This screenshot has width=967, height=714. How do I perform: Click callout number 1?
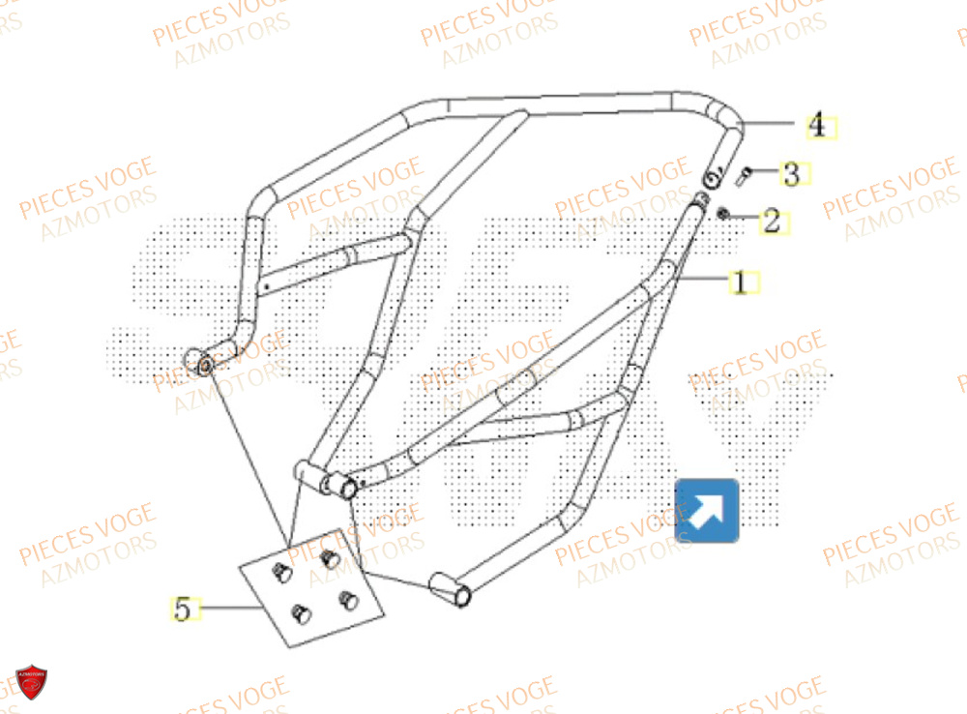pos(740,283)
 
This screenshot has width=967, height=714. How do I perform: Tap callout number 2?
pos(771,221)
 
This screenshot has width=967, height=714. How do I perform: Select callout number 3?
pos(791,174)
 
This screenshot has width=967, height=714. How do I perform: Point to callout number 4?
pos(817,125)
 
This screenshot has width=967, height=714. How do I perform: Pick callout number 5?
pos(181,609)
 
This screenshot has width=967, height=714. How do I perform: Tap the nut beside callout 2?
pos(723,212)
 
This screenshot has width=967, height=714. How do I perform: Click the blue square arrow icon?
pos(707,510)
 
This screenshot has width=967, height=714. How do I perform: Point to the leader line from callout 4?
pos(774,124)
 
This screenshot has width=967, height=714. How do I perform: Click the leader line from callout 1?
pos(704,281)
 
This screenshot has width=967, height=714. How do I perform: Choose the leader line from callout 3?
pos(767,174)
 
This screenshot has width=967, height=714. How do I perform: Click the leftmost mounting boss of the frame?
pos(203,365)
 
